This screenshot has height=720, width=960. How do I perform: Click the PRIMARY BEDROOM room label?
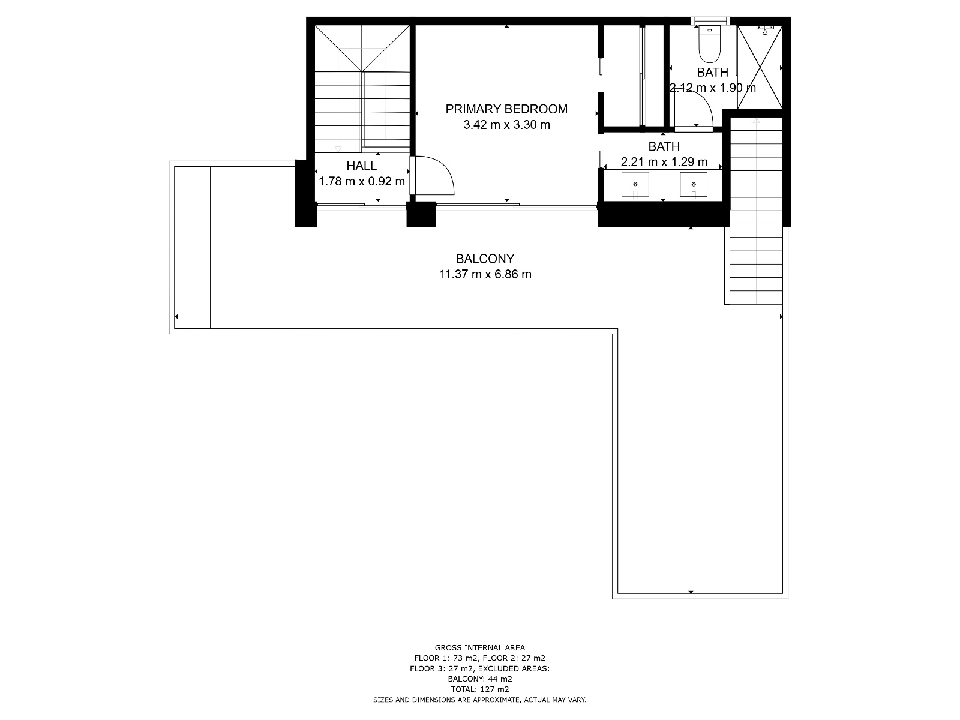pyautogui.click(x=506, y=109)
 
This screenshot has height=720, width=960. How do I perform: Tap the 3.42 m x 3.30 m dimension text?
pyautogui.click(x=506, y=125)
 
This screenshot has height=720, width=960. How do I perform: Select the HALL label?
pyautogui.click(x=361, y=166)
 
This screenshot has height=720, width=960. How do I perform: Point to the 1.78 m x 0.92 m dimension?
pyautogui.click(x=362, y=181)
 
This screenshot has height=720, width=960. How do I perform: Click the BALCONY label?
pyautogui.click(x=485, y=259)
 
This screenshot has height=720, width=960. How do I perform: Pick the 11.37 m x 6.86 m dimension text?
pyautogui.click(x=485, y=275)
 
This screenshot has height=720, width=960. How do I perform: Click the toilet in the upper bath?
pyautogui.click(x=709, y=44)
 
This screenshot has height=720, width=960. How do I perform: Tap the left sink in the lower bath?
pyautogui.click(x=635, y=185)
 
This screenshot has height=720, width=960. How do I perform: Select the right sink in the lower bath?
pyautogui.click(x=693, y=185)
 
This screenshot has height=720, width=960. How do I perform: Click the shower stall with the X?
pyautogui.click(x=760, y=67)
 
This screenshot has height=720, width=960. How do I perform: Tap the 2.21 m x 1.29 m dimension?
pyautogui.click(x=664, y=162)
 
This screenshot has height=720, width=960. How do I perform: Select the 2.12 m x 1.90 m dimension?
pyautogui.click(x=712, y=88)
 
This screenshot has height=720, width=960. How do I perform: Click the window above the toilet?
pyautogui.click(x=710, y=20)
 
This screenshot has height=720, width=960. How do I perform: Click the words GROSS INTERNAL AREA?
pyautogui.click(x=480, y=648)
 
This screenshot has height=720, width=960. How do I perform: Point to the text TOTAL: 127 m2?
pyautogui.click(x=480, y=689)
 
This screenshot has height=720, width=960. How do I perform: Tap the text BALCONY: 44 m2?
pyautogui.click(x=480, y=679)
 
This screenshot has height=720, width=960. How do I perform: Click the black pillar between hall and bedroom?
pyautogui.click(x=421, y=214)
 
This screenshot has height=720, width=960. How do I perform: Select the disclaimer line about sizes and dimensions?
pyautogui.click(x=480, y=700)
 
